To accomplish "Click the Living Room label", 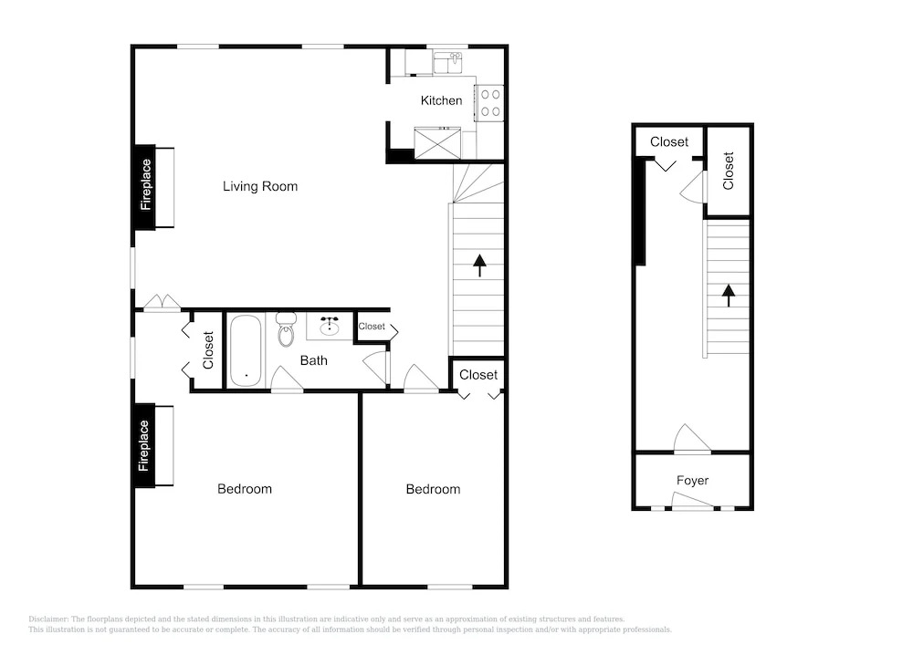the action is pos(259,186).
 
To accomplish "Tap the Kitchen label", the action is pos(441,100).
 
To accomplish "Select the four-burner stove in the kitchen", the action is pos(490,103).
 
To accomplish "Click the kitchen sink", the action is pos(447,62).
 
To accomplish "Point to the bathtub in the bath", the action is pos(246,351).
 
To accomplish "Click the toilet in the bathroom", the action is pos(286,329).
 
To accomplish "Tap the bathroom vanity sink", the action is pos(330,326).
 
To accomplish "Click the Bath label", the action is pos(313,360).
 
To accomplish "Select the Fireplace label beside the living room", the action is pos(145,185).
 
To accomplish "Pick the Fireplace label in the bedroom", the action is pos(144,445).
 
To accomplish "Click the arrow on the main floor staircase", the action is pos(479,265).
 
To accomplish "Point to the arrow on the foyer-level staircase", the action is pos(728,296).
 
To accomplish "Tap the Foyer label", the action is pos(692,481).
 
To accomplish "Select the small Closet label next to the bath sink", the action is pos(372,327).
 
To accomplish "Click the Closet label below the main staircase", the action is pos(478,375).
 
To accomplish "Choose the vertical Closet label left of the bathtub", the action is pos(208,350).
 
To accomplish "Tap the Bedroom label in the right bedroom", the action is pos(433,489).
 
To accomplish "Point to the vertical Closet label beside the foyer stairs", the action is pos(728,171).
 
